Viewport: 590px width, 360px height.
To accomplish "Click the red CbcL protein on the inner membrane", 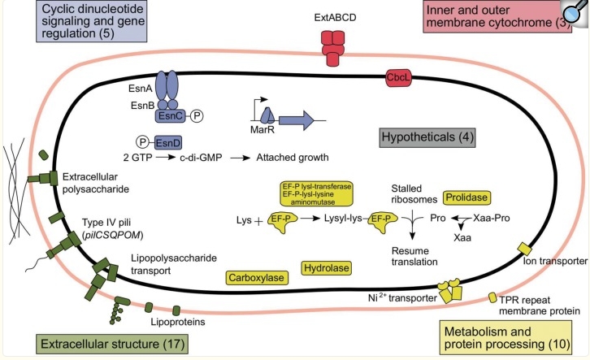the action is click(398, 77).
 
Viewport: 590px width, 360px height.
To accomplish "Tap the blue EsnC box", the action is click(171, 116).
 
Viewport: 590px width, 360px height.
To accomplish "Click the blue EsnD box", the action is click(168, 143).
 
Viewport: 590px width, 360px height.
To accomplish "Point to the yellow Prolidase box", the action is click(466, 197).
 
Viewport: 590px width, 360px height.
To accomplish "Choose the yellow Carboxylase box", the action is click(257, 278).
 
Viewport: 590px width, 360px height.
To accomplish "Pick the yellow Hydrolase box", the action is click(327, 268).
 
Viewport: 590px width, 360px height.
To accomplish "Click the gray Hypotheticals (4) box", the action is click(427, 137).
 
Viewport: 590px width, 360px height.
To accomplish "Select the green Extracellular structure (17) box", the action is click(112, 344).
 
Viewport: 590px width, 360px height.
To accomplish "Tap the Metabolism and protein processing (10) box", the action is click(505, 338).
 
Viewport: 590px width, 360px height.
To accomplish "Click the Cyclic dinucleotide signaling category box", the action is click(92, 20).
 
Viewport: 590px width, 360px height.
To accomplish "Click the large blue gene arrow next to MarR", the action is click(297, 120).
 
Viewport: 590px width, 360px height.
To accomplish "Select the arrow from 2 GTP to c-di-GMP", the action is click(166, 158).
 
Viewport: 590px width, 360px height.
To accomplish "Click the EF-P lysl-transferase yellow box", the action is click(316, 194).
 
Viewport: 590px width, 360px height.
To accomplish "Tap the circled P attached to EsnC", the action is click(197, 116).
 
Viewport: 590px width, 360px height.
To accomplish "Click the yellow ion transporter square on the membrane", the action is click(524, 249).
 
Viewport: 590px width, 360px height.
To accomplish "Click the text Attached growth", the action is click(293, 157).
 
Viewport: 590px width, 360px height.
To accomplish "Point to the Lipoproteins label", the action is click(178, 322).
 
